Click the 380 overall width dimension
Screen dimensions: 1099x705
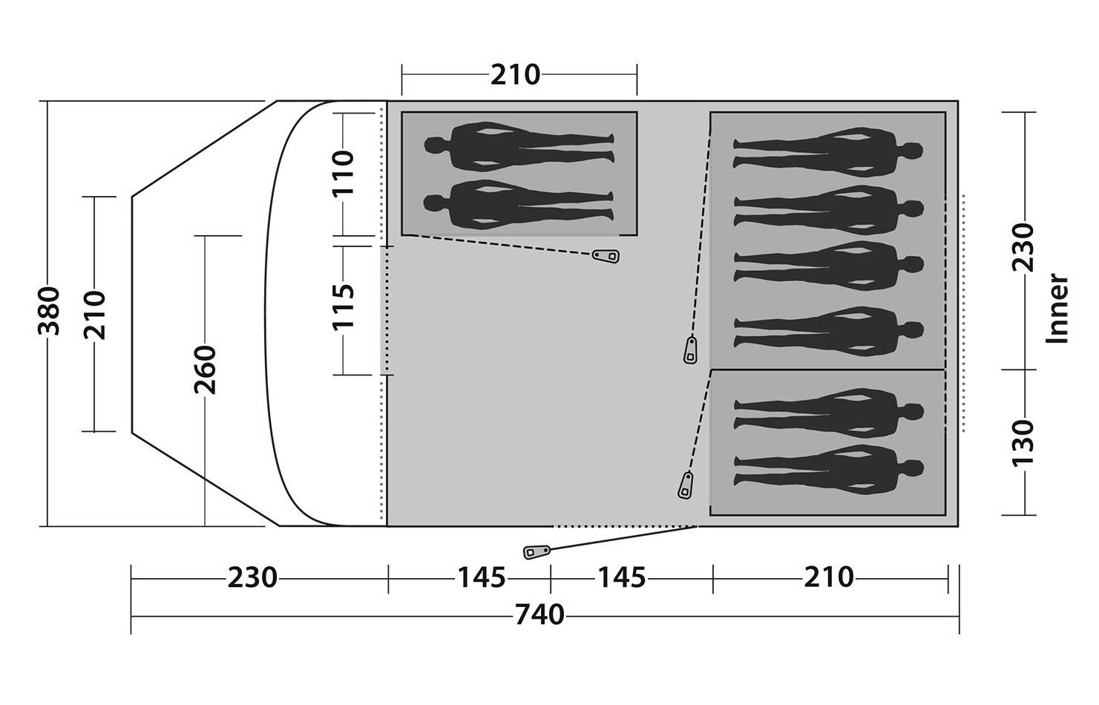[x=48, y=310]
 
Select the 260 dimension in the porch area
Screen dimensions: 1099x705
[x=205, y=370]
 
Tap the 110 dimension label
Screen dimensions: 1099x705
[x=343, y=173]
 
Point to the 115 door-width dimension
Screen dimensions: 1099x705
[x=343, y=306]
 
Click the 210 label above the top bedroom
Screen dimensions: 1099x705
[x=515, y=75]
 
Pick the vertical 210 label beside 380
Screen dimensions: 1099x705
[x=95, y=315]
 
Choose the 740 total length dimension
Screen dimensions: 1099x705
[x=539, y=614]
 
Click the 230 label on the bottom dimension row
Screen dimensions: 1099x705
[x=252, y=577]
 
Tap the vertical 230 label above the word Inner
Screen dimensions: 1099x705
[x=1023, y=247]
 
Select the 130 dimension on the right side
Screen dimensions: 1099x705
[x=1023, y=442]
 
